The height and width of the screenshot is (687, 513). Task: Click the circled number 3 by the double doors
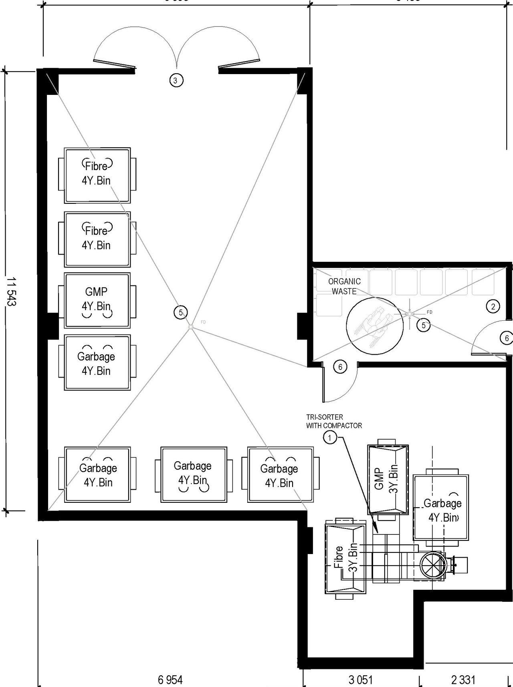coord(176,80)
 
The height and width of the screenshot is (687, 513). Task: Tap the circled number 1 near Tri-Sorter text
coord(330,438)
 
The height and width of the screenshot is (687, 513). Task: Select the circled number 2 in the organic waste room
coord(493,307)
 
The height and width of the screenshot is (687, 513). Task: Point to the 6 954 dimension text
coord(170,679)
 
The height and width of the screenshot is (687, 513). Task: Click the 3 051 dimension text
coord(360,679)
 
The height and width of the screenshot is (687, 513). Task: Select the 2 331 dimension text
coord(463,679)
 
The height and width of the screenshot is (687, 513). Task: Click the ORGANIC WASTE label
coord(344,286)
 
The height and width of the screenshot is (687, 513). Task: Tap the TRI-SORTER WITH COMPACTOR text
coord(333,421)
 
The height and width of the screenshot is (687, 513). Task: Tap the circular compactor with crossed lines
coord(433,565)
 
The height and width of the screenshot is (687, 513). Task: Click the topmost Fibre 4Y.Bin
coord(97,175)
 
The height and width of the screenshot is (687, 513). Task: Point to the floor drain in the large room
coord(191,327)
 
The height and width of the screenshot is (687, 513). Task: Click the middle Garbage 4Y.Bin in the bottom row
coord(193,474)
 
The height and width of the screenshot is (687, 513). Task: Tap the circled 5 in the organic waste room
coord(424,325)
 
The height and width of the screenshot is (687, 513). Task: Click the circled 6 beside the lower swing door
coord(340,367)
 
